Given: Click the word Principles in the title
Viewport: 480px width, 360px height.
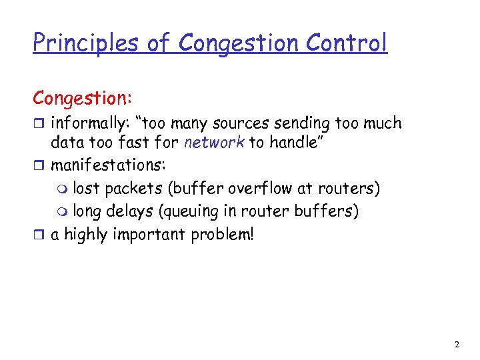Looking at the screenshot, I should [85, 43].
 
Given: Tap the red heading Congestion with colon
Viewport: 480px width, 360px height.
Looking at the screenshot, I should [83, 98].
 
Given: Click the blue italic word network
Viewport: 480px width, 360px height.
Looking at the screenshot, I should [214, 143].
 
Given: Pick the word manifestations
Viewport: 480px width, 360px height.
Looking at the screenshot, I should [103, 165].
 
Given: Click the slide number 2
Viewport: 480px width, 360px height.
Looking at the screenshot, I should [457, 345].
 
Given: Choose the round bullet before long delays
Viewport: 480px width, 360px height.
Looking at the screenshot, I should [63, 213].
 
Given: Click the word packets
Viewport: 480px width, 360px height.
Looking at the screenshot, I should [135, 189].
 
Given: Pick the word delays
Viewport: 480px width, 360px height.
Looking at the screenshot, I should [141, 212].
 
